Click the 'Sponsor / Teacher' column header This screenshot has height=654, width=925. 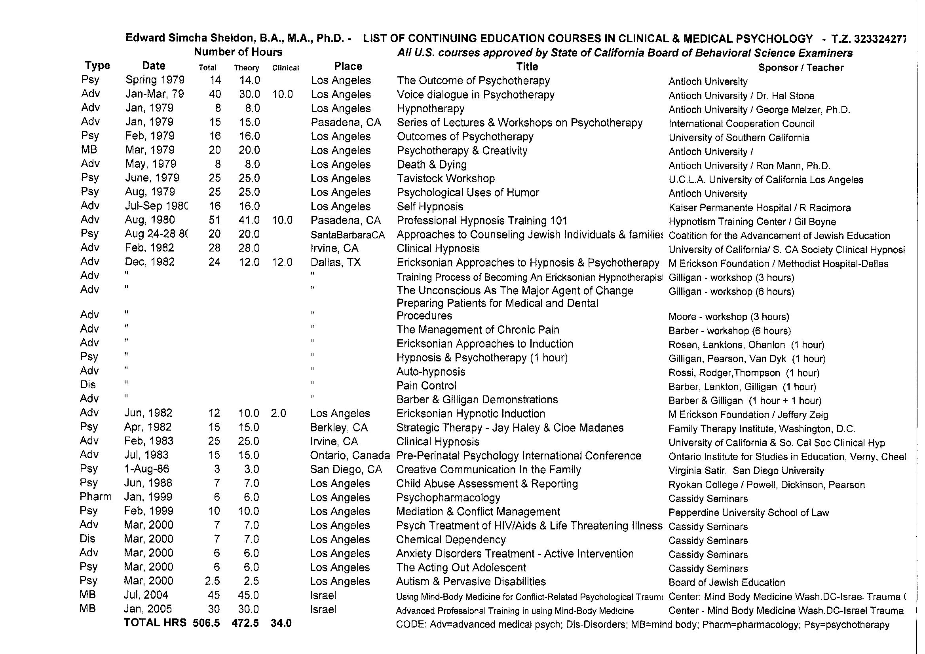click(x=800, y=68)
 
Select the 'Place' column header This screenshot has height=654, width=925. click(x=348, y=66)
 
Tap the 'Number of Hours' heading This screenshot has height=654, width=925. click(x=238, y=52)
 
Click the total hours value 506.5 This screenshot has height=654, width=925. click(x=206, y=623)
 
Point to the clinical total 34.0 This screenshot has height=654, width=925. click(x=281, y=623)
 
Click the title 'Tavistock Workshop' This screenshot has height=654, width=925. click(x=446, y=178)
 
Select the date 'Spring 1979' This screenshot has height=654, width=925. click(x=155, y=80)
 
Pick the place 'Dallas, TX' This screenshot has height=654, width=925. click(x=335, y=263)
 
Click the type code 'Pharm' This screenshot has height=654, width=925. click(x=95, y=497)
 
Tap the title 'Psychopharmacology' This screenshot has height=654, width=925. click(x=448, y=497)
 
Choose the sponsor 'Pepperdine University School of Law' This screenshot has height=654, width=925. click(x=748, y=513)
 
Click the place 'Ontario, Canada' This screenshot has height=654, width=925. click(x=350, y=456)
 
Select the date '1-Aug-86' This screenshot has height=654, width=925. click(x=147, y=469)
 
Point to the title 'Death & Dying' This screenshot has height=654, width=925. click(x=432, y=164)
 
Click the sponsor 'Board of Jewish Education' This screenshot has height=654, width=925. click(x=727, y=582)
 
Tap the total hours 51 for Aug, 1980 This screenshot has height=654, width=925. click(x=215, y=220)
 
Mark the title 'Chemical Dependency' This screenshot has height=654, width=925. click(x=450, y=539)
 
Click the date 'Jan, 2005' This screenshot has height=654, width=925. click(x=148, y=609)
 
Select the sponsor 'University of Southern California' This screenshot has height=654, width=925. click(x=739, y=138)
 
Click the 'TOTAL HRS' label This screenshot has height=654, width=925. click(x=155, y=623)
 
